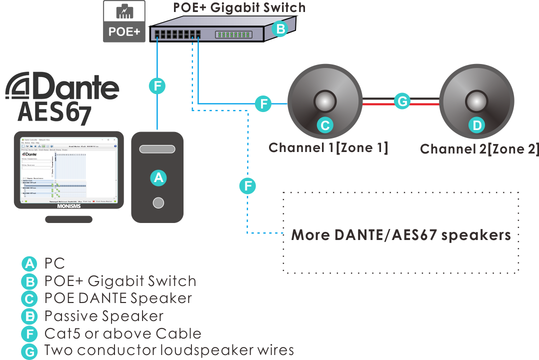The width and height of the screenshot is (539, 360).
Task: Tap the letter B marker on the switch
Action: point(280,29)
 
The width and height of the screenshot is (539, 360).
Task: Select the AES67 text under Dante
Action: point(54,112)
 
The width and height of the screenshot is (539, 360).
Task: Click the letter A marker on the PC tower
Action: point(158,177)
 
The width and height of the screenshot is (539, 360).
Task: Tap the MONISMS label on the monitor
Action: point(68,205)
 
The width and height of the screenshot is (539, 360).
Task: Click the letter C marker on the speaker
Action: point(325,125)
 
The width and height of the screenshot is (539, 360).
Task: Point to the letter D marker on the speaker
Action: point(477,125)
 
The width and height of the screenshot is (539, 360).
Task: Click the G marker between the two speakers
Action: point(401,101)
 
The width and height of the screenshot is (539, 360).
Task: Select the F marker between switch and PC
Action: point(157,86)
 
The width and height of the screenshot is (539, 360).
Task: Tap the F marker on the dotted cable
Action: point(247,186)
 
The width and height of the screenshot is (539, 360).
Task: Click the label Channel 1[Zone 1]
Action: point(328,147)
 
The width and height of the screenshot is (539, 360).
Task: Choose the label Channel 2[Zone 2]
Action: point(479,149)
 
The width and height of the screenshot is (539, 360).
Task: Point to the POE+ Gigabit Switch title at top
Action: point(239,7)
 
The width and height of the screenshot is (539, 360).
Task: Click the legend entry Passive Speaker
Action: point(103,316)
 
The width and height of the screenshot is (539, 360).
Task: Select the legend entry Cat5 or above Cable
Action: point(122,333)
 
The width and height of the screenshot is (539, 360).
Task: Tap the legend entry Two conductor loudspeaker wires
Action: point(168,350)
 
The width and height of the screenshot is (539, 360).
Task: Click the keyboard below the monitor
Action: point(68,219)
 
